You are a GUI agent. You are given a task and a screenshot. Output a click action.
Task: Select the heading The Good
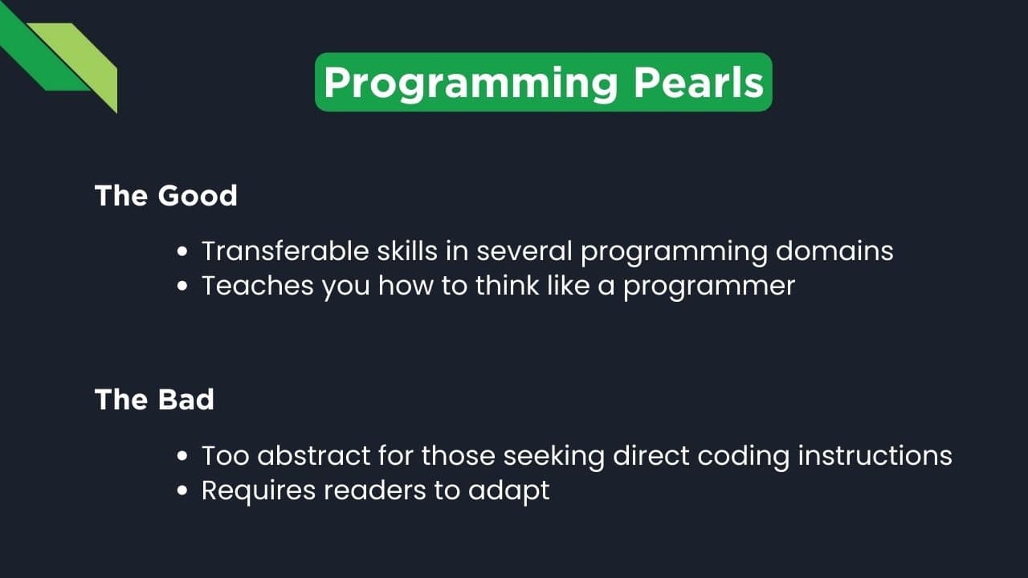point(166,195)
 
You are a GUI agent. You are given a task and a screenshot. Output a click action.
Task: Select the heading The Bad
point(154,399)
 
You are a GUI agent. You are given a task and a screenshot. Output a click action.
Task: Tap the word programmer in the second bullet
point(709,286)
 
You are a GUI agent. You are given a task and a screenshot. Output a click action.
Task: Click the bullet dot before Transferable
point(183,252)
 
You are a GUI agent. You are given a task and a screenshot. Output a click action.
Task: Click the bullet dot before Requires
point(183,490)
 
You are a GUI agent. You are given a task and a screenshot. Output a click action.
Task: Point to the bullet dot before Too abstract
point(183,456)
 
